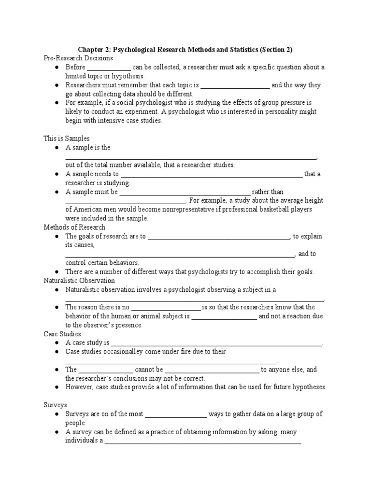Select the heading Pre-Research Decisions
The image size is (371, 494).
78,58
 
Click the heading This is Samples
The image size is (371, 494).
67,138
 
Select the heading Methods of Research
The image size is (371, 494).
74,227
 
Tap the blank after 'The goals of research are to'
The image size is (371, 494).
218,236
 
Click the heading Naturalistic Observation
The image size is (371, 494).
79,280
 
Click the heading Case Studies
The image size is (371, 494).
62,334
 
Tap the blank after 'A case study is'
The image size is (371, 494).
216,343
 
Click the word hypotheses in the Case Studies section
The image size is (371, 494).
309,387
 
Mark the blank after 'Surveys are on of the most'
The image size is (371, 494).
176,414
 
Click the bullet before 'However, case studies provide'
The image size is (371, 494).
57,387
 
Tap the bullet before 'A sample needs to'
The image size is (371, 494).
57,174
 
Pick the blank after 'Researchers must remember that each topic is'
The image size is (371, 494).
235,85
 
